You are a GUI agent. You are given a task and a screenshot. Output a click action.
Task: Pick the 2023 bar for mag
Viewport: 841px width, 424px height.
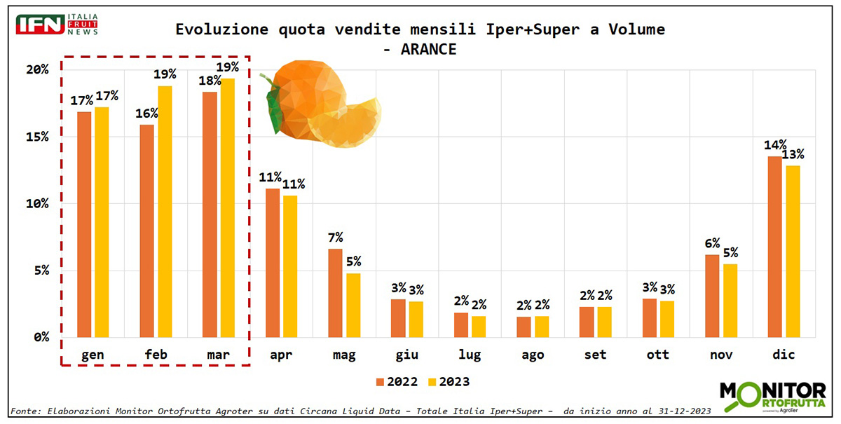coord(353,305)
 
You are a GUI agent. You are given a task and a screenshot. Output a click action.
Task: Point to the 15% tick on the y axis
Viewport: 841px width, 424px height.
coord(37,137)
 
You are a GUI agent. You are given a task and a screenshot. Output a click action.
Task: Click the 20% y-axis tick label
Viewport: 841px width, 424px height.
coord(37,69)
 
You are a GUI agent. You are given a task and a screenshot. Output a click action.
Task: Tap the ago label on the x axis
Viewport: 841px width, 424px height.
coord(532,355)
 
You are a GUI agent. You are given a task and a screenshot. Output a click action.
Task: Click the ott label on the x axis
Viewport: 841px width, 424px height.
coord(657,355)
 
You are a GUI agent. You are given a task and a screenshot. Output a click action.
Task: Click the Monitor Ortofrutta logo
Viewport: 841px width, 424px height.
coord(772,397)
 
